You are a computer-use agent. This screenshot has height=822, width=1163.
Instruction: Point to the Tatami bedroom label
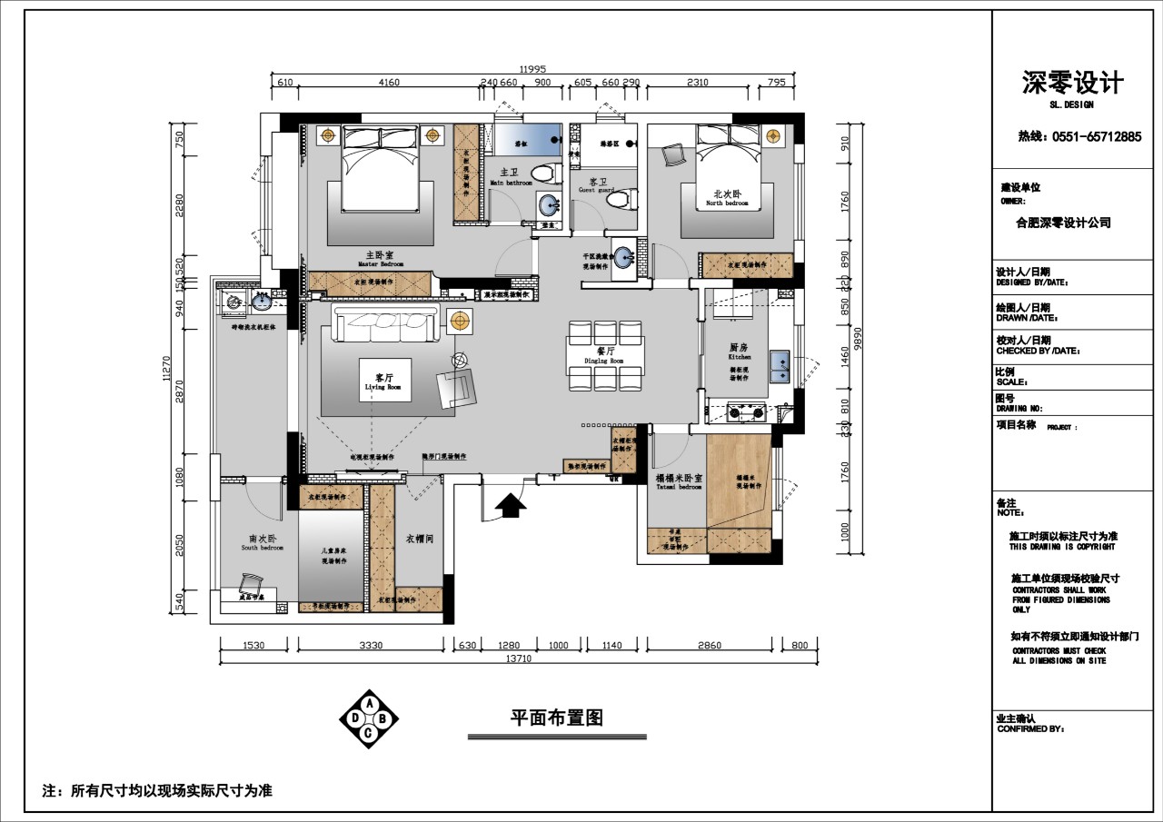click(x=679, y=481)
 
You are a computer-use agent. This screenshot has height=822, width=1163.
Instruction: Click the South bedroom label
click(x=262, y=543)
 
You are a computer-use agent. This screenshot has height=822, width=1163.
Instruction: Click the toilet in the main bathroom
click(x=543, y=173)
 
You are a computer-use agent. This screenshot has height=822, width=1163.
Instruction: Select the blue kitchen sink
click(x=780, y=365)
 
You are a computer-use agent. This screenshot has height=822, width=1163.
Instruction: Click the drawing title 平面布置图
click(x=556, y=718)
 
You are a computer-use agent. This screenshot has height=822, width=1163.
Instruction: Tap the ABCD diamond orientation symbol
click(x=368, y=719)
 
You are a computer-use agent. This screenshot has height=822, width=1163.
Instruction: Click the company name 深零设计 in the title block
click(x=1072, y=84)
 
